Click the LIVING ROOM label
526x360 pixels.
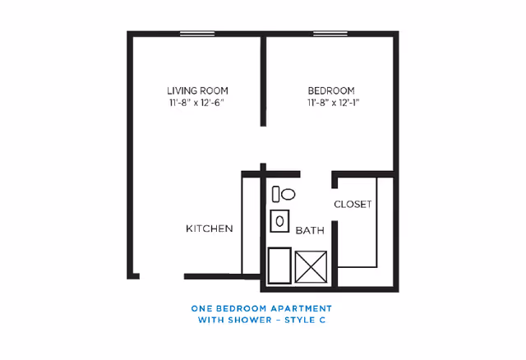point(197,91)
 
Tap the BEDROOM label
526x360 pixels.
point(331,91)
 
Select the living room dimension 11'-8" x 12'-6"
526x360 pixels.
point(196,103)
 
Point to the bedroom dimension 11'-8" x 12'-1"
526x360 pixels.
point(333,103)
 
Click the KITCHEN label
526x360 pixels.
point(210,228)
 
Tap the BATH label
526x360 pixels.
point(310,230)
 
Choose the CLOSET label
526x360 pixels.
point(353,205)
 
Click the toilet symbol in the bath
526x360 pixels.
point(284,194)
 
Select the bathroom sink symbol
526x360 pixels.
point(279,221)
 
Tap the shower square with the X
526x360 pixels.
point(311,267)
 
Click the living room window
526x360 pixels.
point(197,34)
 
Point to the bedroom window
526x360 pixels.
point(330,34)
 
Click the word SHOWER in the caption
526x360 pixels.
point(247,320)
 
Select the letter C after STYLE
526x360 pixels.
point(322,320)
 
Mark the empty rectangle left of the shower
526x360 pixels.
point(279,265)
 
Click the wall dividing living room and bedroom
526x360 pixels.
point(263,81)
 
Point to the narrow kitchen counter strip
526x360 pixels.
point(251,224)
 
